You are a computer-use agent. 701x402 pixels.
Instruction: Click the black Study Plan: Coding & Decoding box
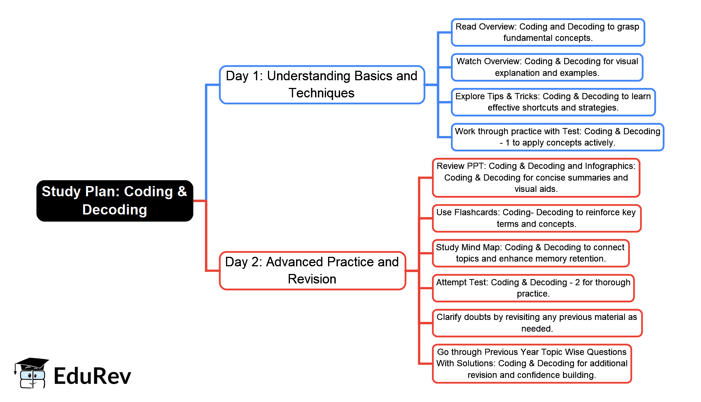tap(114, 201)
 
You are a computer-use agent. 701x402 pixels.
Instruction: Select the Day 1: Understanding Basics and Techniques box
tap(322, 85)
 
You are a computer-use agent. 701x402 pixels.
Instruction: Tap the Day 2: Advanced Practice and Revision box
tap(312, 271)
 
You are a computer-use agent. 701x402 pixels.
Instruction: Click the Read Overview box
tap(548, 32)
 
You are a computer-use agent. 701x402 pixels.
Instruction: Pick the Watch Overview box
tap(547, 67)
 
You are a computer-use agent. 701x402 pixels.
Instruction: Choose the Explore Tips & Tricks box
tap(553, 102)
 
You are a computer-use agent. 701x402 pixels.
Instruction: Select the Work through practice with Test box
tap(557, 137)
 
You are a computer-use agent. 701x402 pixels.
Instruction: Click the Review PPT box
tap(536, 178)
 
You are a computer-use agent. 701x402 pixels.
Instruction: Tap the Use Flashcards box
tap(536, 218)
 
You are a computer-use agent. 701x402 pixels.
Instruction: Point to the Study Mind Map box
tap(530, 253)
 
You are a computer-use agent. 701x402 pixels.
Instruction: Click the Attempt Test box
tap(533, 288)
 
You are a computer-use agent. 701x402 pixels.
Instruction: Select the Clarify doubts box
tap(537, 323)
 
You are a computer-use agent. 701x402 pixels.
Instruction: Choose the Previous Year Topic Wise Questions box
tap(531, 364)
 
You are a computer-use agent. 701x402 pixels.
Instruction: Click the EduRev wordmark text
tap(92, 376)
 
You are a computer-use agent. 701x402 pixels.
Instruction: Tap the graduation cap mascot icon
tap(31, 373)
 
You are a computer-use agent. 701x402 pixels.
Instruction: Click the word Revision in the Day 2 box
tap(312, 279)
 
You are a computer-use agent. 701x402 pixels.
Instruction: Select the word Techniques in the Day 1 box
tap(322, 93)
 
